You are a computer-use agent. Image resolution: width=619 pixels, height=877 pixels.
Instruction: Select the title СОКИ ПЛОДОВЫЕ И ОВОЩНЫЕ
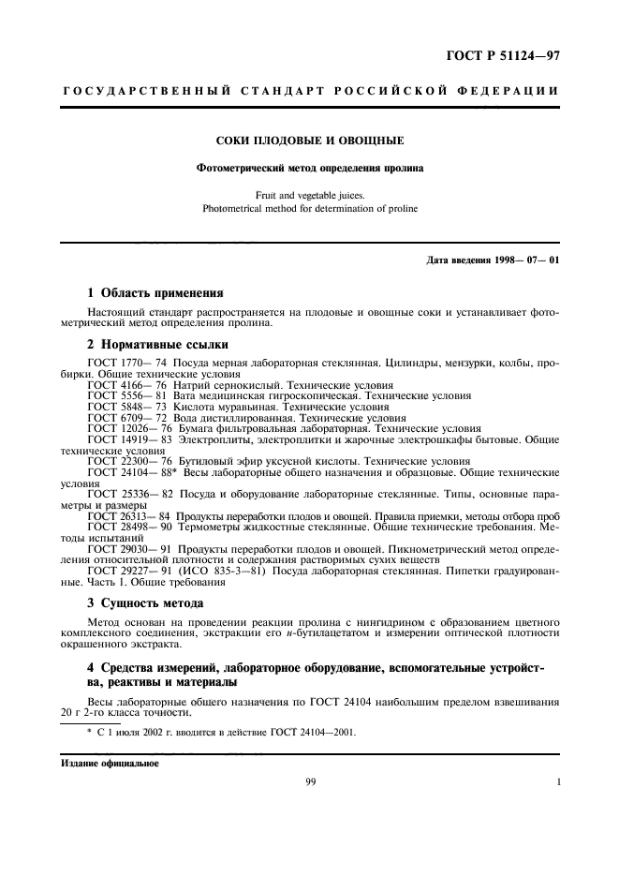309,141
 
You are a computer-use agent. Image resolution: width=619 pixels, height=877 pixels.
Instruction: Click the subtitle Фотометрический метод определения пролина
309,169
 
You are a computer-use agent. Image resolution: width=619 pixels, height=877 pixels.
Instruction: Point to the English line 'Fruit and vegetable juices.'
309,196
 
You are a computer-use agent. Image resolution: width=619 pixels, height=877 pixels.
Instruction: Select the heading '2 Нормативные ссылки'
151,344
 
